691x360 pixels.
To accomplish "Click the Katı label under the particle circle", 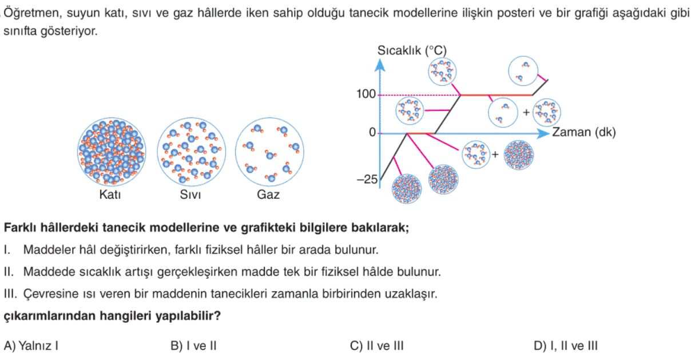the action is [110, 195].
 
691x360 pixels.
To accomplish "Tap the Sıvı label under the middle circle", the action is [190, 195].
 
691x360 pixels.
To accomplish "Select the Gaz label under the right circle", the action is [268, 195].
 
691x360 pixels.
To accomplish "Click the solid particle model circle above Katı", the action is [112, 152].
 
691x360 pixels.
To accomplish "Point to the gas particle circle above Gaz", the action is [269, 152].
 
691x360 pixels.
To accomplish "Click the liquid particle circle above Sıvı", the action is [192, 152].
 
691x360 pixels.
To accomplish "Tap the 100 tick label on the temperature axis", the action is [366, 94].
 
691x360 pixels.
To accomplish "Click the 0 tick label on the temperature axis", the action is [372, 132].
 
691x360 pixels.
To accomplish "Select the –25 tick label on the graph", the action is [367, 179].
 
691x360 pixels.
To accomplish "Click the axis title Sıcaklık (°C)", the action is [412, 50].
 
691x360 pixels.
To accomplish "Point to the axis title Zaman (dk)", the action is [584, 132].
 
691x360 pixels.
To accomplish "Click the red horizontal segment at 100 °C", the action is [497, 95].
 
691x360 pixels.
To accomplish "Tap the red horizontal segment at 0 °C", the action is [421, 134].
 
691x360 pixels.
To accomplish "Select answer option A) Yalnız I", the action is [31, 346].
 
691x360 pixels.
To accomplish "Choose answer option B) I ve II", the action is [193, 346].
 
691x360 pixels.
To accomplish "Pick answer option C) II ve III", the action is [376, 346].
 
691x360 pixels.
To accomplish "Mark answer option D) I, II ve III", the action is [566, 346].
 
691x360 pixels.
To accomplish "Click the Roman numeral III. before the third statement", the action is [10, 294].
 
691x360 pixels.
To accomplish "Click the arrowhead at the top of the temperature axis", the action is [380, 65].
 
